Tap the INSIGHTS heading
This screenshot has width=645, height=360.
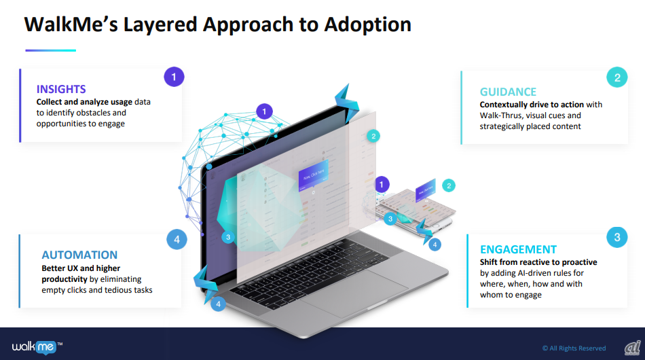[x=61, y=89]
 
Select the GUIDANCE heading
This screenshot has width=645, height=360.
[x=508, y=92]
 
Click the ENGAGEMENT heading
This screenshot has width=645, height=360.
[x=518, y=249]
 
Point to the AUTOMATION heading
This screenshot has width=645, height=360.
[x=79, y=255]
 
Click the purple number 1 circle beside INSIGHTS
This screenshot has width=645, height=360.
[x=174, y=77]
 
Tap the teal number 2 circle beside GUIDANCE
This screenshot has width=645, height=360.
[x=616, y=77]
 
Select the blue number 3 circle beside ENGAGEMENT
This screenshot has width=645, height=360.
[x=616, y=238]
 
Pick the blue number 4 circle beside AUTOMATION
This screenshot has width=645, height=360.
[x=177, y=239]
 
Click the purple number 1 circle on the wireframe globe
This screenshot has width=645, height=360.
[x=264, y=111]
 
